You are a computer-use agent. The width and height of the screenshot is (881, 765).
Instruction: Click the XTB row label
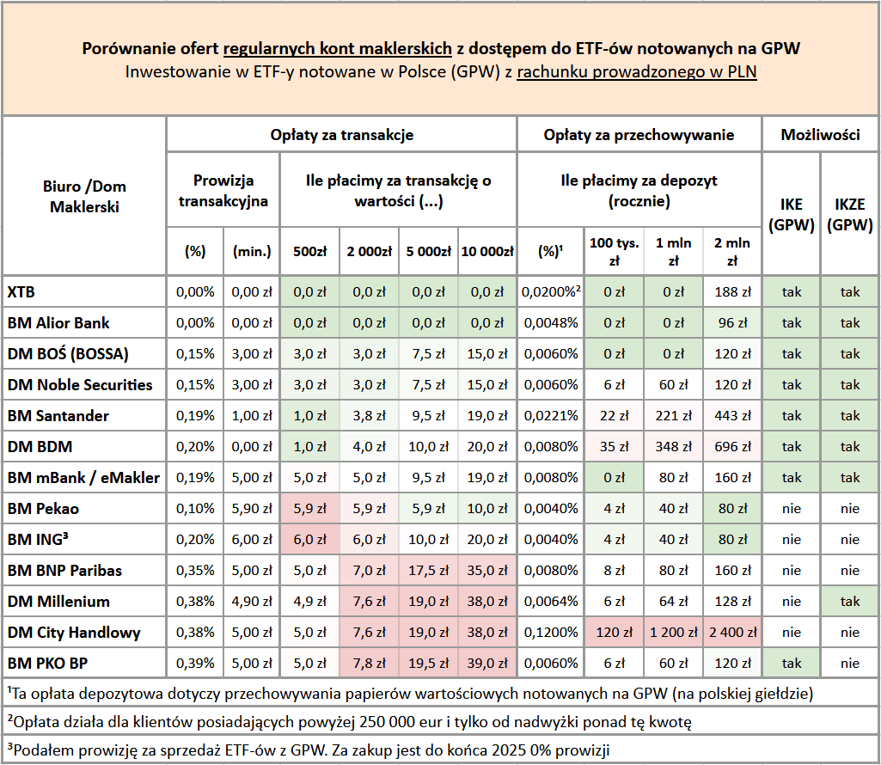click(22, 292)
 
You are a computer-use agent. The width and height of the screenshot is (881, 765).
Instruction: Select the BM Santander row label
click(58, 416)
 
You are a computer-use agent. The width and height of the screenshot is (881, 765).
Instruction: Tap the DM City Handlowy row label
click(74, 633)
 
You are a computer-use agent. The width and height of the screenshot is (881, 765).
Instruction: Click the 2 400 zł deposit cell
click(731, 633)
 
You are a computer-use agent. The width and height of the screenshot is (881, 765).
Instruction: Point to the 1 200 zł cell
click(673, 633)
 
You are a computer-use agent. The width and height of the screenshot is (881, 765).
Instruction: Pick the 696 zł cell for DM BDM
click(731, 447)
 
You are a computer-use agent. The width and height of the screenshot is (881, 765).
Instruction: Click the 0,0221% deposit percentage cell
click(550, 416)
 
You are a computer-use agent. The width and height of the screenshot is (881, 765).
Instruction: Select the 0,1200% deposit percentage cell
click(550, 633)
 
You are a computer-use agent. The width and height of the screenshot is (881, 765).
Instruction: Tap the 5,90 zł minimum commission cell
click(251, 509)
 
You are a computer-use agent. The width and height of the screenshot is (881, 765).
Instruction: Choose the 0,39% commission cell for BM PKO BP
click(195, 664)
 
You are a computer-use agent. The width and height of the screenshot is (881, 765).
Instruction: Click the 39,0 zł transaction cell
click(487, 664)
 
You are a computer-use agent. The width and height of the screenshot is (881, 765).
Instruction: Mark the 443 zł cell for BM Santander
click(731, 416)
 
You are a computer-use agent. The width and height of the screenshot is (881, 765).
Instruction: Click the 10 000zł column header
click(487, 252)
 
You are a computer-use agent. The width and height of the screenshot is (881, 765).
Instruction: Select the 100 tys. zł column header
click(614, 251)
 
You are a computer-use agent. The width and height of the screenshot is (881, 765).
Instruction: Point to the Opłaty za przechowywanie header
click(639, 135)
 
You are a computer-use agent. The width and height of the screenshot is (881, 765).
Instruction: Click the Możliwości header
click(820, 135)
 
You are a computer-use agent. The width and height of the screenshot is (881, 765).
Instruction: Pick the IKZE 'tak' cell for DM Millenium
click(850, 602)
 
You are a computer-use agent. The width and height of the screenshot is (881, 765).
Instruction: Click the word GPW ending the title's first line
click(780, 49)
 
